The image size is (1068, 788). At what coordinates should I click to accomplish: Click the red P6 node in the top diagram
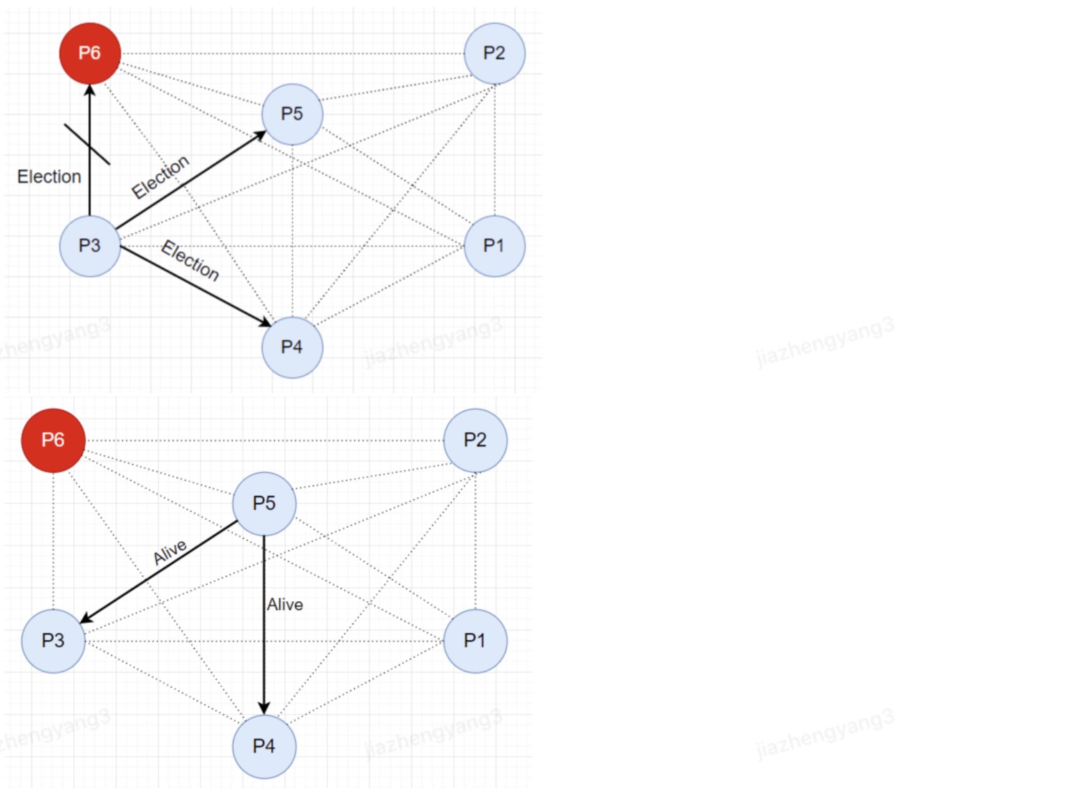click(x=90, y=54)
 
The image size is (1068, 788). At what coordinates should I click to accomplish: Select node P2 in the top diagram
click(x=495, y=54)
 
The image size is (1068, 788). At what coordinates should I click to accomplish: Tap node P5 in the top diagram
click(x=292, y=114)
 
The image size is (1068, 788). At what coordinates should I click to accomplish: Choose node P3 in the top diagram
click(x=90, y=246)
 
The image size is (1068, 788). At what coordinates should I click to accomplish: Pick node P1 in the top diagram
click(x=495, y=246)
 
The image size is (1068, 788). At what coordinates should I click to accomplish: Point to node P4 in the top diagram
click(x=292, y=347)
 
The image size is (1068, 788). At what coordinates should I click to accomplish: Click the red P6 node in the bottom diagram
click(x=54, y=440)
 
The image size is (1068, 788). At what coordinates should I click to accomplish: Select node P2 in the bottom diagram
click(x=475, y=440)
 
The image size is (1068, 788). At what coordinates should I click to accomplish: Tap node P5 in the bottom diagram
click(x=264, y=503)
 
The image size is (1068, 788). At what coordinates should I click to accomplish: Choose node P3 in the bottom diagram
click(x=54, y=641)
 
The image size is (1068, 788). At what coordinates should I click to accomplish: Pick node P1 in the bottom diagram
click(x=475, y=641)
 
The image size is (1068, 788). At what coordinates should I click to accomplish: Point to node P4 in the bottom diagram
click(x=264, y=746)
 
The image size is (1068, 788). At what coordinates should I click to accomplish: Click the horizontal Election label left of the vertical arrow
click(x=49, y=177)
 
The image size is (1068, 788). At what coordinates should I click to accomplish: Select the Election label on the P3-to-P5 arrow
click(x=160, y=176)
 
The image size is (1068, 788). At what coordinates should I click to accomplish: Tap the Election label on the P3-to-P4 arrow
click(x=190, y=260)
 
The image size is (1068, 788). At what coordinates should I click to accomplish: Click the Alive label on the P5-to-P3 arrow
click(x=169, y=552)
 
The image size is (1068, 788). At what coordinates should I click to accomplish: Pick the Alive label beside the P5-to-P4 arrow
click(x=284, y=605)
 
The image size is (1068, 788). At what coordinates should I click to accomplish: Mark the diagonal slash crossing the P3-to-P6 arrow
click(x=87, y=144)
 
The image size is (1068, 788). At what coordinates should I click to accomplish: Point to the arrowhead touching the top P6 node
click(x=90, y=90)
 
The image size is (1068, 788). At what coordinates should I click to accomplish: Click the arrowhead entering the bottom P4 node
click(x=264, y=709)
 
